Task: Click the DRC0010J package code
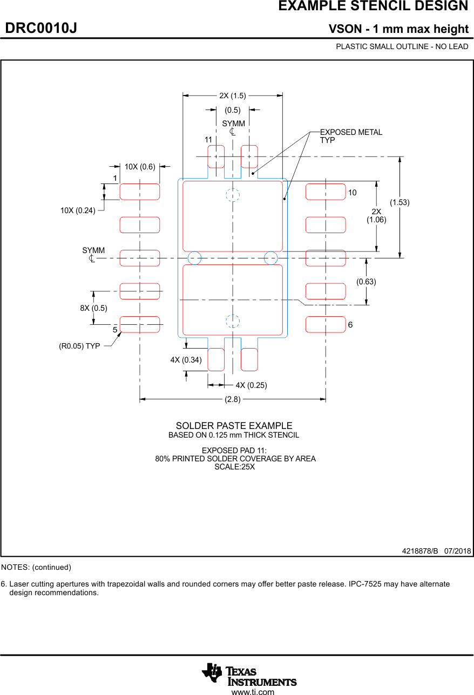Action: coord(41,29)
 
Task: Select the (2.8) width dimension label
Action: coord(233,399)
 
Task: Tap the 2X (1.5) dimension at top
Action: coord(232,96)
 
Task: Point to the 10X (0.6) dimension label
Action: coord(140,167)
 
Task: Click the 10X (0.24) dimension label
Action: coord(78,210)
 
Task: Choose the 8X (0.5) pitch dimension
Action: coord(93,308)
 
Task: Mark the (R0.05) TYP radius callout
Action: coord(79,346)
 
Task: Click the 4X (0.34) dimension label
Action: coord(186,360)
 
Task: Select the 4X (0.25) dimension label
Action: coord(251,385)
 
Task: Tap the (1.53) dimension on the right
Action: coord(399,202)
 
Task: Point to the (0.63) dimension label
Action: coord(367,282)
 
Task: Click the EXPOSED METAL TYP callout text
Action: coord(351,136)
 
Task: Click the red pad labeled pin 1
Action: coord(140,192)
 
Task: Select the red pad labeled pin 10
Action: coord(326,192)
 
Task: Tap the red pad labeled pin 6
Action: coord(326,324)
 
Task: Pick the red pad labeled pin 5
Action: coord(140,324)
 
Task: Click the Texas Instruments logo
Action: coord(249,674)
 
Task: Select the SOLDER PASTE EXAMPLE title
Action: coord(234,426)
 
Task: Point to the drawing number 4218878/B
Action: coord(420,551)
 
